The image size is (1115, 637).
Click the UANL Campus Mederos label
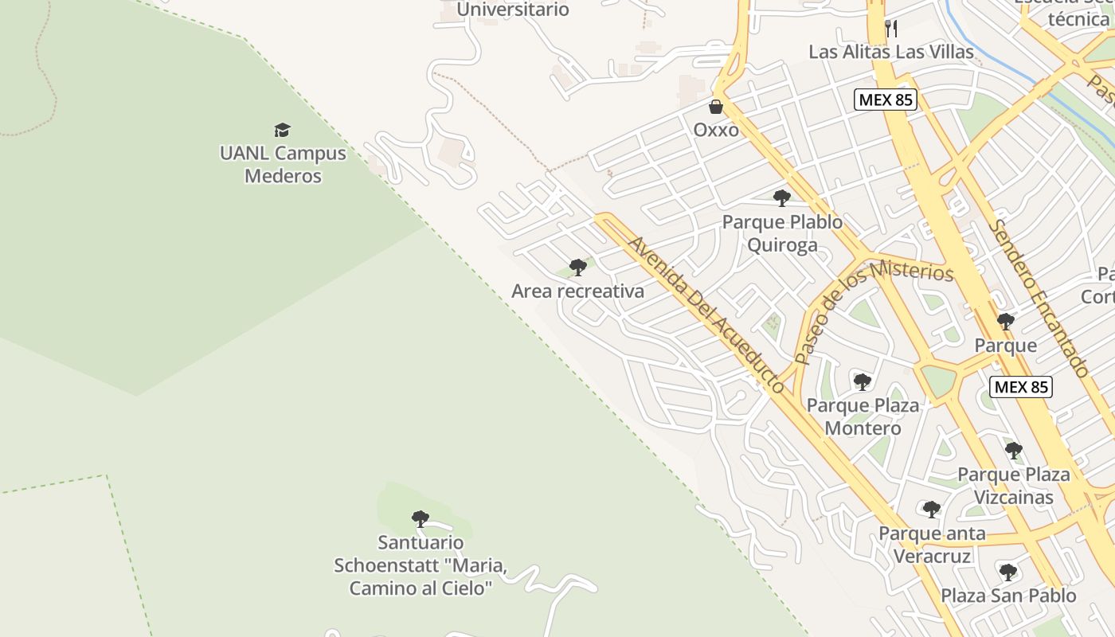tap(283, 164)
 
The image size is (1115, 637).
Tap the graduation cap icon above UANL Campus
tap(282, 130)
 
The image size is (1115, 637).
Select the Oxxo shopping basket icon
tap(716, 107)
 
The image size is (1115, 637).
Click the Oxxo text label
tap(716, 130)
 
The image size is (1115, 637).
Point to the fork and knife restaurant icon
tap(891, 29)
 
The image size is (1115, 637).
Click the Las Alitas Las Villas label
tap(891, 52)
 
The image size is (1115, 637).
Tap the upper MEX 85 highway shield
tap(886, 100)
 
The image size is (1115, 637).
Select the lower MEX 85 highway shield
tap(1021, 387)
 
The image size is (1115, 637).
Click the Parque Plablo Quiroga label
tap(782, 233)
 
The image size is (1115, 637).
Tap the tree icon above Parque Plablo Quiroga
tap(782, 198)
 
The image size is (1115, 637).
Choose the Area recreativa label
tap(577, 291)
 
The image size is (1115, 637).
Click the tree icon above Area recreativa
tap(578, 268)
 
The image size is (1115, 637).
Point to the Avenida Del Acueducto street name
tap(705, 314)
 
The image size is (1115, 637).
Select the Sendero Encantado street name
tap(1039, 298)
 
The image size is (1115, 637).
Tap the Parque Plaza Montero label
tap(863, 416)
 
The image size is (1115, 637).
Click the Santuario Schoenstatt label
tap(421, 565)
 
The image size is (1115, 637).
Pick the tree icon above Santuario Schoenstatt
tap(421, 519)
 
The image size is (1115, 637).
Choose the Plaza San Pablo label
tap(1008, 596)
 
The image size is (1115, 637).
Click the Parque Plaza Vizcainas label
tap(1013, 486)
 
